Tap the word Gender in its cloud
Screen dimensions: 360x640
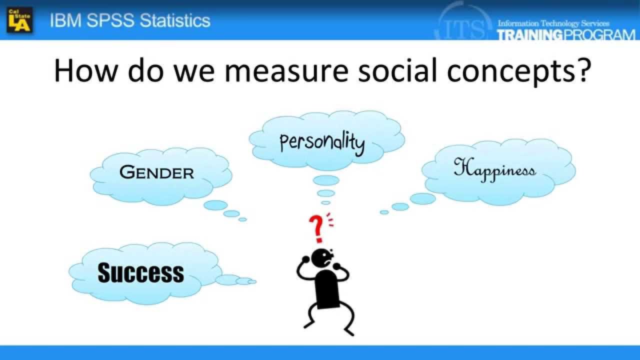[156, 172]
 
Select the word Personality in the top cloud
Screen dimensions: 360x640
[322, 142]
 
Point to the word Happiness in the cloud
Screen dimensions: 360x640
[494, 169]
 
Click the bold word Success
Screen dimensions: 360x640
[140, 273]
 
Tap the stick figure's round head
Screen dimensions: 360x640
[320, 258]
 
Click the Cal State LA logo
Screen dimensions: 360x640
[19, 20]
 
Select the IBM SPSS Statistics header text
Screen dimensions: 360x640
[130, 20]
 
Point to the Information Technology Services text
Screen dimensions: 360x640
[553, 23]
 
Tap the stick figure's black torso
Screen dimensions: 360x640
[327, 288]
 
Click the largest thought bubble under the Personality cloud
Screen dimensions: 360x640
[326, 180]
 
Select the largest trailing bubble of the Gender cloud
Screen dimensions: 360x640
[215, 205]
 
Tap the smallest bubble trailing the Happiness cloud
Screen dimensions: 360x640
[384, 212]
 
